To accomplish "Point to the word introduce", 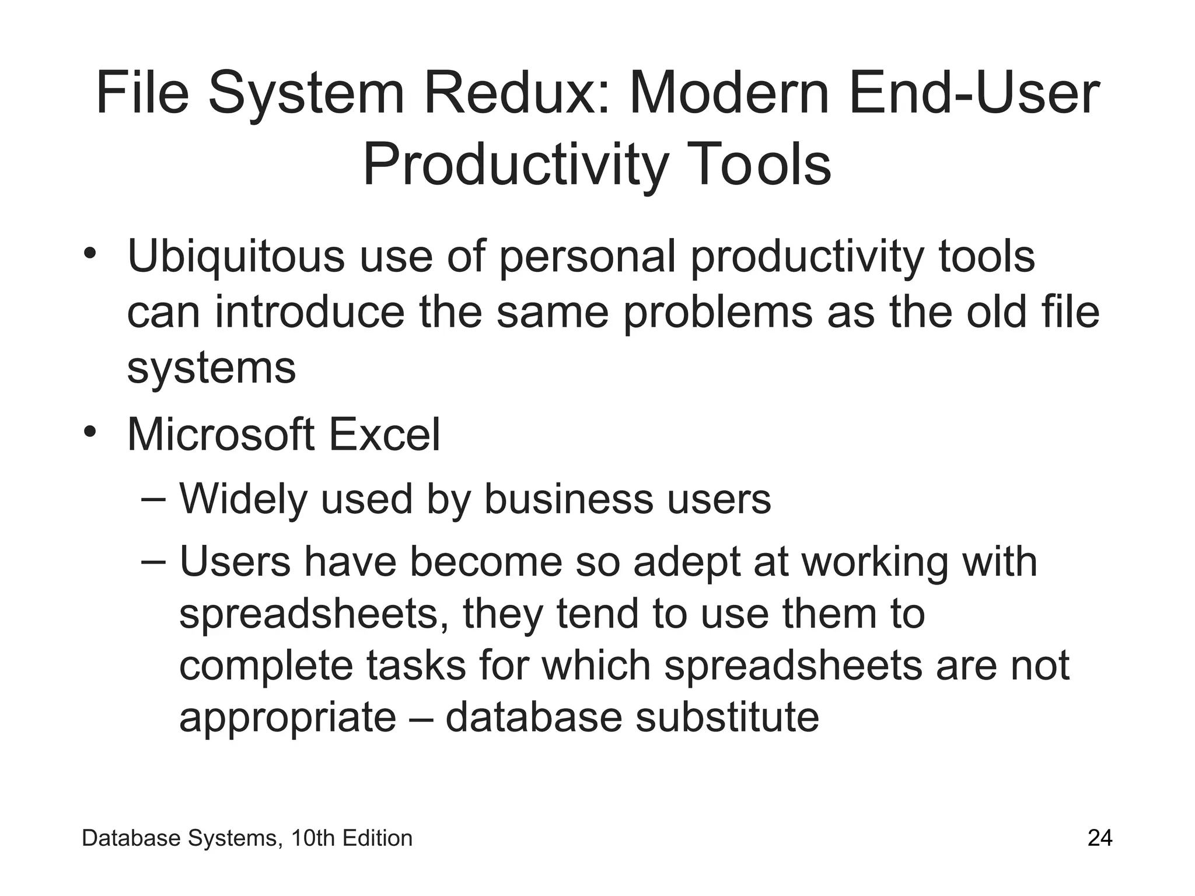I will pyautogui.click(x=309, y=312).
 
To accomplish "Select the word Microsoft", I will pyautogui.click(x=221, y=435).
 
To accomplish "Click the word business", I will pyautogui.click(x=568, y=499).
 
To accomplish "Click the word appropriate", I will pyautogui.click(x=288, y=718).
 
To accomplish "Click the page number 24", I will pyautogui.click(x=1100, y=838).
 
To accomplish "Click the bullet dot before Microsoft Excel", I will pyautogui.click(x=89, y=432).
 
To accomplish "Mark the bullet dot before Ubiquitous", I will pyautogui.click(x=89, y=254).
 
